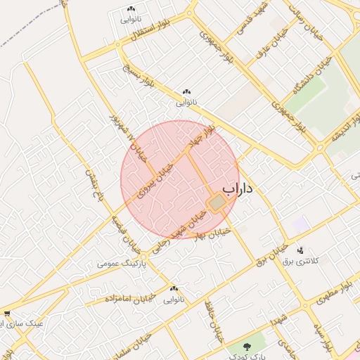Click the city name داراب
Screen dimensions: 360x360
238,189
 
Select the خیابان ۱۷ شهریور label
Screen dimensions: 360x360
129,138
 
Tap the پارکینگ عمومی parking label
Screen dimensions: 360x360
121,264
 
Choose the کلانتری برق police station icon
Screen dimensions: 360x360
300,250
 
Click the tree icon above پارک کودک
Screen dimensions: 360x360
247,347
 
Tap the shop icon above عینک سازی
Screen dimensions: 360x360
7,314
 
